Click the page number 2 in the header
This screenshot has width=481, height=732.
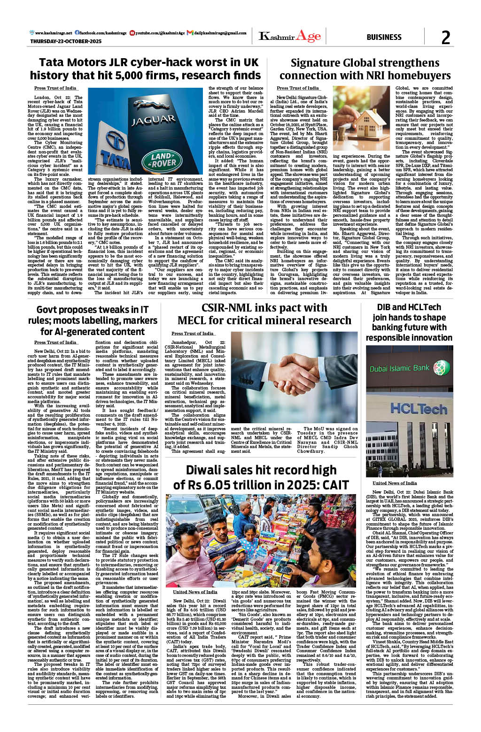tap(445, 38)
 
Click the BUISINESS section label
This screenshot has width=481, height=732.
tap(384, 38)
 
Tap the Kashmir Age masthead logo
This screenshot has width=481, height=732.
tap(289, 36)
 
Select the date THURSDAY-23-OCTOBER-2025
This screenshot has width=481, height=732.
tap(66, 42)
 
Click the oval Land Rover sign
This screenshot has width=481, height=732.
tap(163, 160)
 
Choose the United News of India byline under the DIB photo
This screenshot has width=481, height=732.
tap(395, 483)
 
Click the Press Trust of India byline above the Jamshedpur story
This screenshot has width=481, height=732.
tap(192, 333)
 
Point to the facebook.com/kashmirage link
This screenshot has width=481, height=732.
tap(103, 33)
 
